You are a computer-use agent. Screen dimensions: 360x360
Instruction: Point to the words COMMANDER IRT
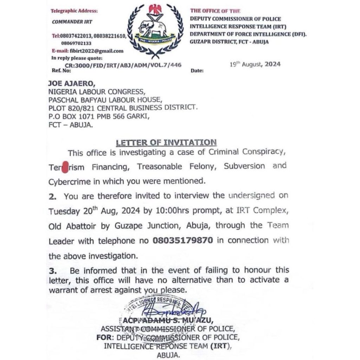pos(72,22)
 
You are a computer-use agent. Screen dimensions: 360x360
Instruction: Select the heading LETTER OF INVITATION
pos(166,142)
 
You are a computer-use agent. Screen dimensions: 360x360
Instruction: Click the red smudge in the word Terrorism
pos(64,167)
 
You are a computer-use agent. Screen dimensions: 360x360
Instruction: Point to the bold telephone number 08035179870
pos(182,241)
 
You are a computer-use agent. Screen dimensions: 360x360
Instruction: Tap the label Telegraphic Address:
pos(69,11)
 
